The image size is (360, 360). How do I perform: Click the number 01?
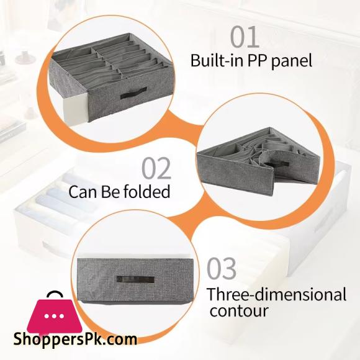[245, 37]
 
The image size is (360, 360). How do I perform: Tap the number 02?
[156, 168]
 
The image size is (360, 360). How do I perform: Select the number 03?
[222, 268]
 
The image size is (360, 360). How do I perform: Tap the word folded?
[147, 191]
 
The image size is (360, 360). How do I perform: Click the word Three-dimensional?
[277, 294]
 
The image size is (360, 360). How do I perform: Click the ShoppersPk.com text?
[75, 339]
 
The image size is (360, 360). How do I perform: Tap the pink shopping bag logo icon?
[55, 315]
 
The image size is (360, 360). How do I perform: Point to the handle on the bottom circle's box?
[135, 280]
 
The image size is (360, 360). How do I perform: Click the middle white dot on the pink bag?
[55, 316]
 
